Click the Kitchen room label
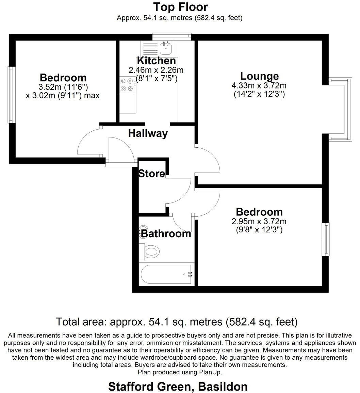point(156,61)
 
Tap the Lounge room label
point(259,76)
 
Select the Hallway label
point(148,133)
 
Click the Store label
point(151,174)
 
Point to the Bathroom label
point(166,234)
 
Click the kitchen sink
point(166,49)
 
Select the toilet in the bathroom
point(150,252)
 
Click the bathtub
point(166,274)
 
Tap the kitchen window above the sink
point(171,36)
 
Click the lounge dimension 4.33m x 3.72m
point(259,85)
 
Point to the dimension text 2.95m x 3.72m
point(259,222)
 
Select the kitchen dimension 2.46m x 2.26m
point(156,70)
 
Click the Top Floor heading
point(180,7)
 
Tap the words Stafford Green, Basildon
point(178,387)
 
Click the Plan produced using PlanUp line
point(180,372)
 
